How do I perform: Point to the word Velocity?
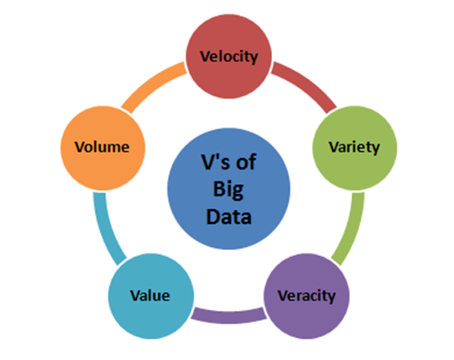click(x=229, y=56)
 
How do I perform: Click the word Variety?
click(x=354, y=147)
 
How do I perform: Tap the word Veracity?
click(x=306, y=296)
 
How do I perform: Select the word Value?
click(x=151, y=296)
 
